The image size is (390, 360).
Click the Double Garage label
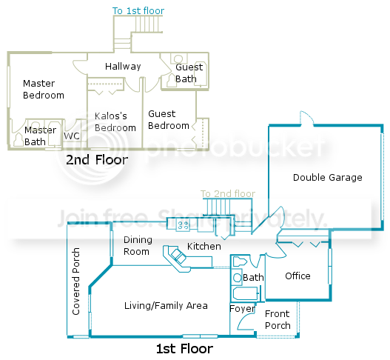click(x=328, y=178)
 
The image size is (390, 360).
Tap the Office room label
click(x=297, y=276)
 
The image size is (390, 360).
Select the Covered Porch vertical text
click(x=76, y=281)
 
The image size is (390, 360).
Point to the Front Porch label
click(x=278, y=320)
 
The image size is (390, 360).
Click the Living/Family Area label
click(x=166, y=306)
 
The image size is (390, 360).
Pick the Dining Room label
click(x=138, y=246)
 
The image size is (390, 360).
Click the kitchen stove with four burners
click(x=184, y=225)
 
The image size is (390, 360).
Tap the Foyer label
click(x=242, y=309)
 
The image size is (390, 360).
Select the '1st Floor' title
click(x=184, y=349)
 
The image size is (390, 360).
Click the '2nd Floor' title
click(x=97, y=159)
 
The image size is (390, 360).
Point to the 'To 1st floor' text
click(x=138, y=11)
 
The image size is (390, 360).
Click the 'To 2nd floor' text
click(x=228, y=193)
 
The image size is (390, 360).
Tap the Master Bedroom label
click(x=44, y=90)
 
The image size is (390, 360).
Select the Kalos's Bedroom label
click(x=115, y=122)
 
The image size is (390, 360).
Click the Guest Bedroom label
click(x=169, y=120)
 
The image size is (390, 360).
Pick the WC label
click(x=72, y=136)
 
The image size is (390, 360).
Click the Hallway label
click(x=123, y=67)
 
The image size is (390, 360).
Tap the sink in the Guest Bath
click(x=178, y=59)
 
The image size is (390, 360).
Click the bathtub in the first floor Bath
click(x=245, y=293)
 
